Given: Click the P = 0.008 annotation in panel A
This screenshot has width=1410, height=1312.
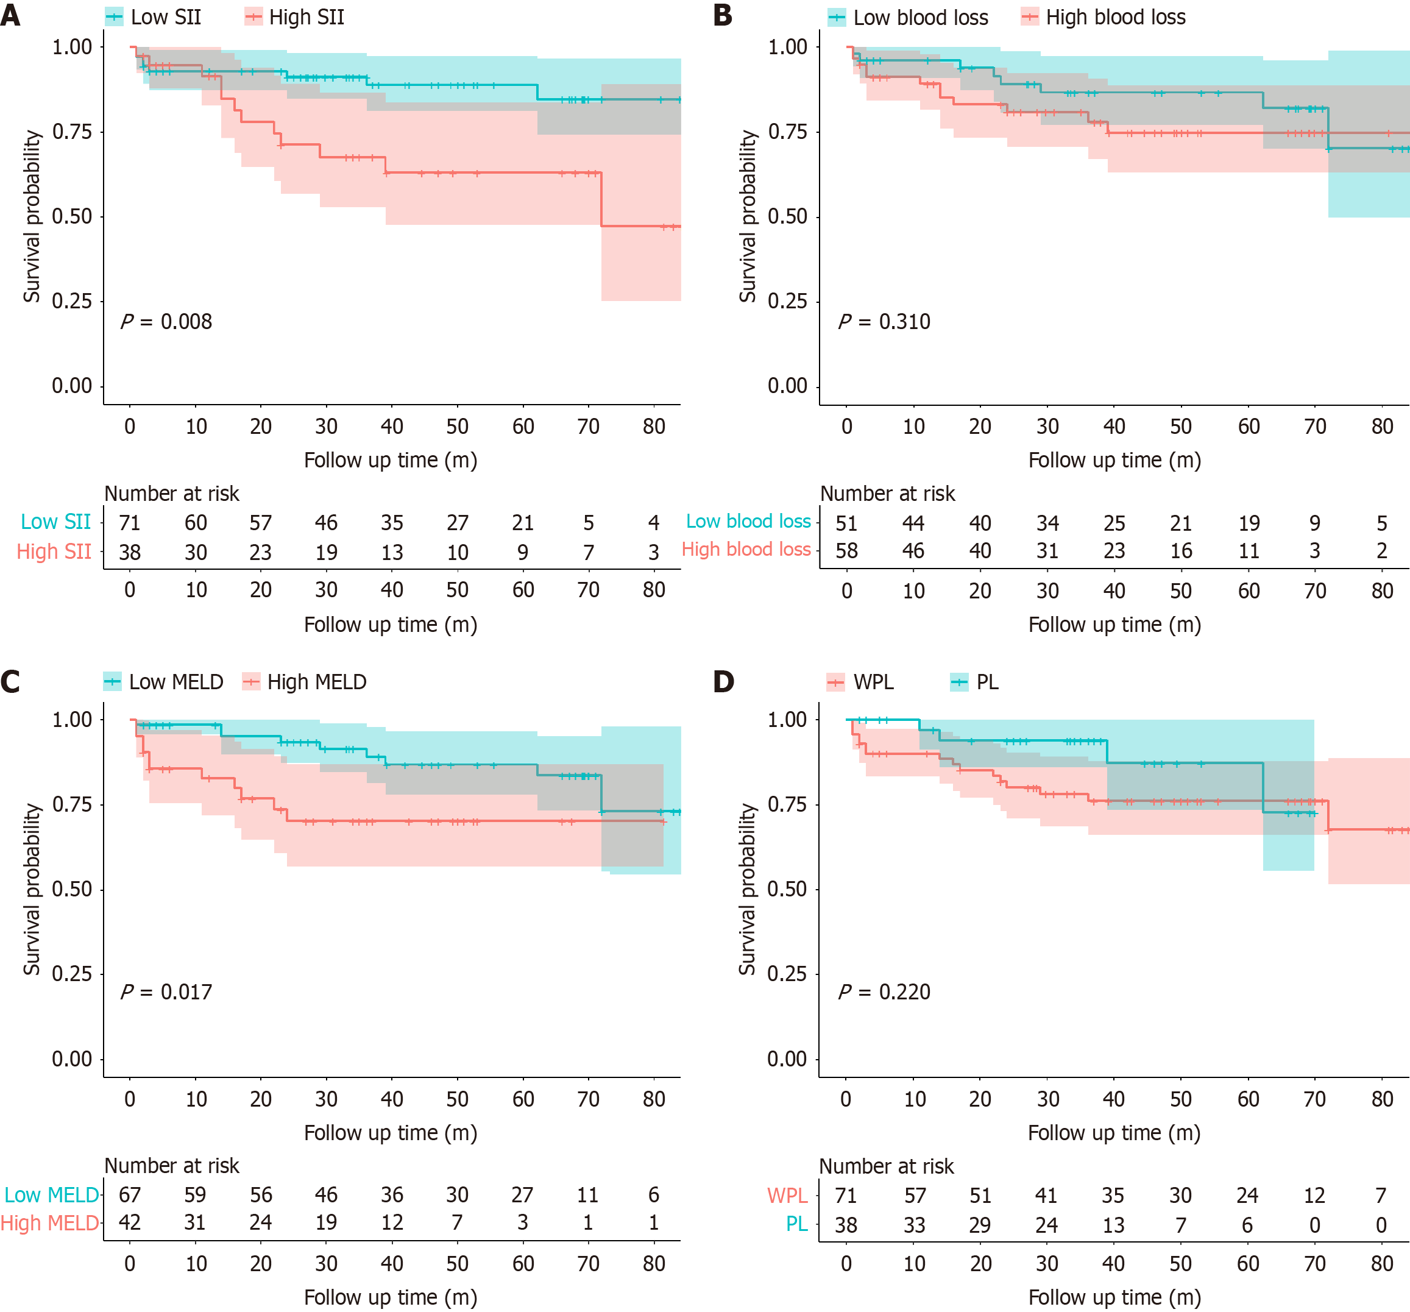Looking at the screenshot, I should pos(166,321).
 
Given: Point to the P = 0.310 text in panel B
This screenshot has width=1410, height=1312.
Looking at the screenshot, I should pos(884,321).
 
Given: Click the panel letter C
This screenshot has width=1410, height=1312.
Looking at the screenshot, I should pos(10,681).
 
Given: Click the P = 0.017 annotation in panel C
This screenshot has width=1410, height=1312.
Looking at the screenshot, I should pos(166,991).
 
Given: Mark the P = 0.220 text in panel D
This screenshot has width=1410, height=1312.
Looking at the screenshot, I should pos(884,991).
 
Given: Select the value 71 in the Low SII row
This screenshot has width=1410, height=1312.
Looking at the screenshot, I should pos(129,523).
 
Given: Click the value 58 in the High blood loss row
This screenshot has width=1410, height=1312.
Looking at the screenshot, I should pos(846,550).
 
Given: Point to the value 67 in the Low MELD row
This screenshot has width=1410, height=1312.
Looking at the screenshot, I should pos(129,1195).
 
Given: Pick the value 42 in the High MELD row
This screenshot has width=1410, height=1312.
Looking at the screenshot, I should pos(129,1222).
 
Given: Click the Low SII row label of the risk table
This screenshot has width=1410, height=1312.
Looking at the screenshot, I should pos(55,522).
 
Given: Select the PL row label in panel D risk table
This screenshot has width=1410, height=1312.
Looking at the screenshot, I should pos(796,1224).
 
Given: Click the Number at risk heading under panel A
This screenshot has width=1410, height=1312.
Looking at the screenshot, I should pos(172,494).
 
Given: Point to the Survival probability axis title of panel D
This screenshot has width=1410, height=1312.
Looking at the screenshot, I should pos(747,888).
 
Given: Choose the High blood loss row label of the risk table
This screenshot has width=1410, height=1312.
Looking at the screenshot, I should pos(746,550).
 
